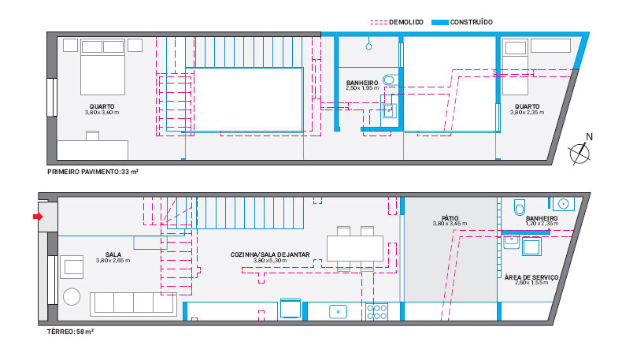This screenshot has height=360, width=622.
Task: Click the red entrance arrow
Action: click(37, 217)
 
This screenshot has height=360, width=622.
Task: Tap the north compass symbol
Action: click(580, 150)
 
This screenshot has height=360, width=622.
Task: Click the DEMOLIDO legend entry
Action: click(397, 22)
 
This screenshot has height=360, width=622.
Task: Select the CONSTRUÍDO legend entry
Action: click(461, 22)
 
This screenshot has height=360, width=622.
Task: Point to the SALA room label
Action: click(113, 254)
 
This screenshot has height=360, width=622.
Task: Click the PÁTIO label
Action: click(450, 218)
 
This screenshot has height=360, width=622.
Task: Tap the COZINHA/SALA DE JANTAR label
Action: click(270, 254)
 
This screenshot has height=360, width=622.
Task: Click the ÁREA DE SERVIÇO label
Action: click(531, 277)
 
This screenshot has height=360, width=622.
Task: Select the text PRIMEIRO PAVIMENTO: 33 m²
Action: click(93, 172)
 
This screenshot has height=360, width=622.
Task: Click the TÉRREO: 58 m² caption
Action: click(70, 332)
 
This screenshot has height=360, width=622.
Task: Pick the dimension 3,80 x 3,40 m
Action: click(102, 113)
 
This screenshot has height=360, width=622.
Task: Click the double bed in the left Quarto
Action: click(102, 67)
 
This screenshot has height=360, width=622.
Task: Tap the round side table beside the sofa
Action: click(72, 296)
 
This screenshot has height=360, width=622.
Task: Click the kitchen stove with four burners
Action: click(377, 312)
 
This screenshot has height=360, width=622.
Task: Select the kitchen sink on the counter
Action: click(338, 312)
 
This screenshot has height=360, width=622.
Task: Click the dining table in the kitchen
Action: click(355, 248)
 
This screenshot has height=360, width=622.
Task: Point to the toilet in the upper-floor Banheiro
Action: click(390, 80)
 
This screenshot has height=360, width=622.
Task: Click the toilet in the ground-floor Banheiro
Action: click(520, 207)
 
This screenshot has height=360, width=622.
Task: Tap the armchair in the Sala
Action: click(72, 267)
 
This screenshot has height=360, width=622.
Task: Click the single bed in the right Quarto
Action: click(515, 67)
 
